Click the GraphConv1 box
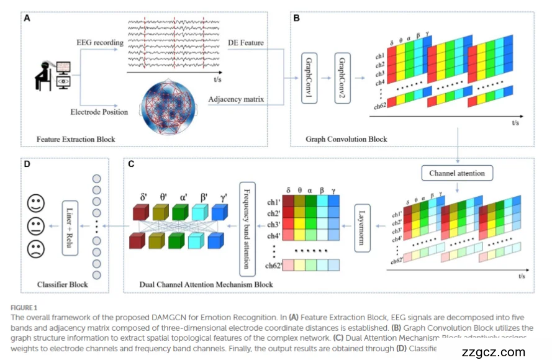click(309, 72)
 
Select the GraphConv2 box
click(342, 72)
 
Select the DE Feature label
click(246, 42)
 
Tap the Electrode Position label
click(98, 112)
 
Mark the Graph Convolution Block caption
click(346, 139)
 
